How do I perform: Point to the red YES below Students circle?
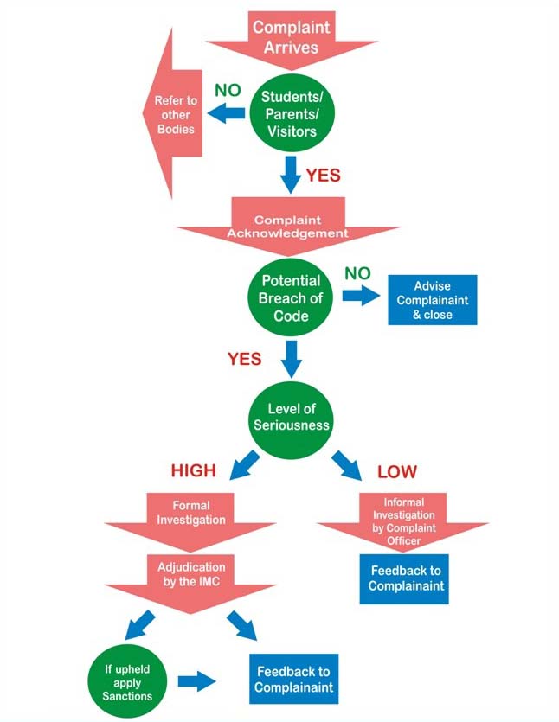click(x=323, y=176)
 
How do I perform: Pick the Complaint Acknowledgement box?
click(x=288, y=225)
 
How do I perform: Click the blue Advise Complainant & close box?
click(x=432, y=300)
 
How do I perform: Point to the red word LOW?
click(x=397, y=471)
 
